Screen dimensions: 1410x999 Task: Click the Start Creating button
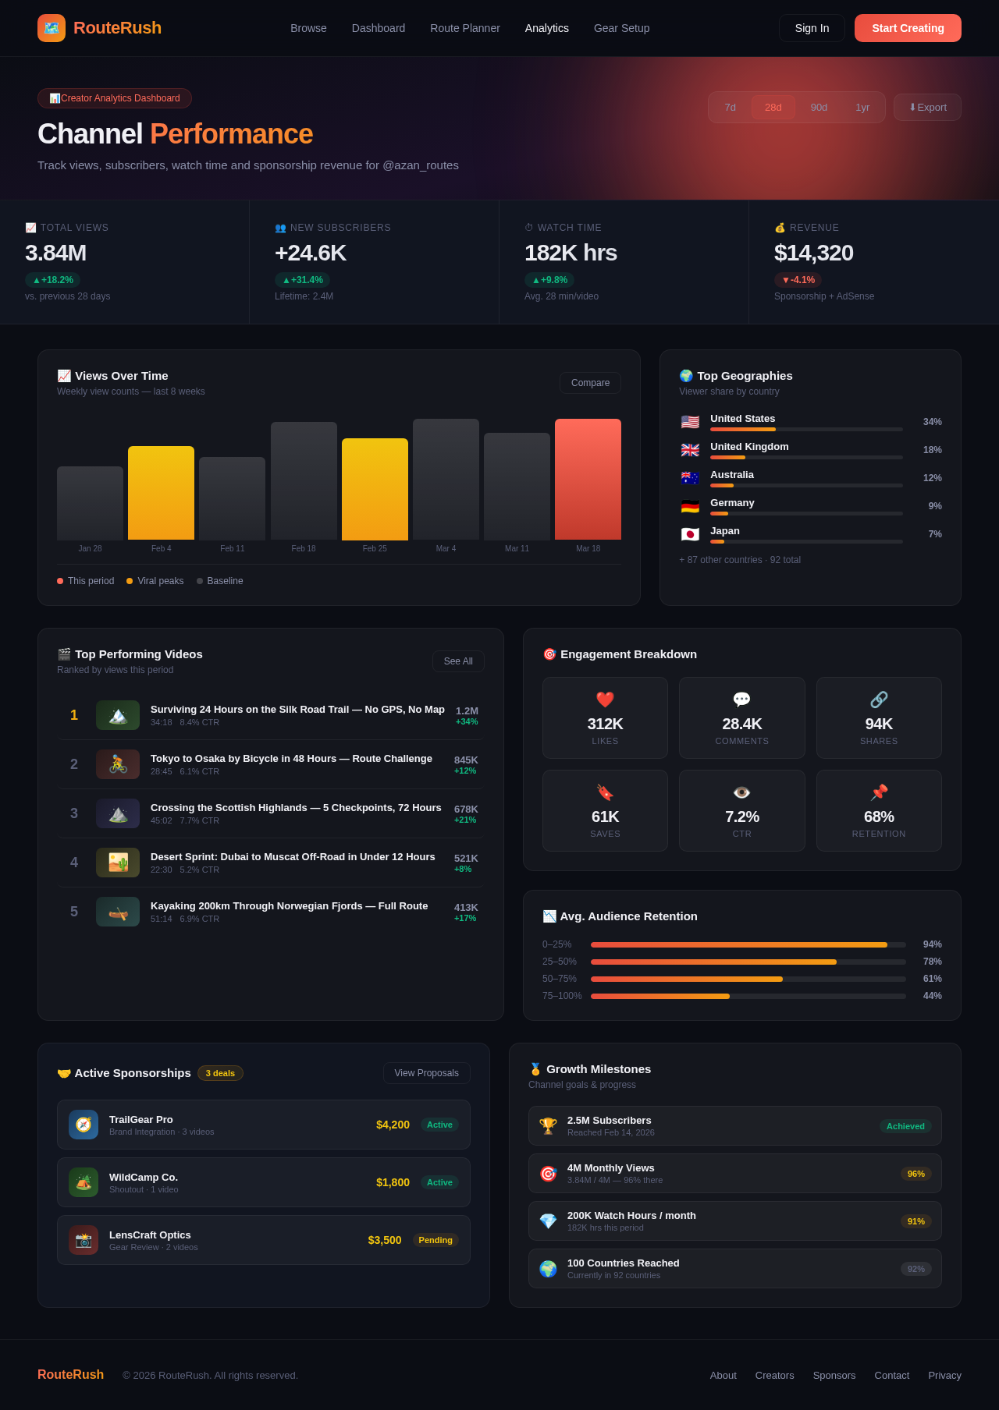(x=908, y=28)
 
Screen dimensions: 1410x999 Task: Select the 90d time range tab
(x=819, y=108)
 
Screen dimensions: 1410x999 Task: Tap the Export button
(x=927, y=108)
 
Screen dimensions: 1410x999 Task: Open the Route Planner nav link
(x=464, y=28)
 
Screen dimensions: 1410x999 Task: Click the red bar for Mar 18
(x=588, y=479)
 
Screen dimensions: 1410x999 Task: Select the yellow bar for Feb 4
(x=161, y=493)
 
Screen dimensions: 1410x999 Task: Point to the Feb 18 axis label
(x=304, y=548)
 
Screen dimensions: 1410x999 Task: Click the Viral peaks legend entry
(x=155, y=581)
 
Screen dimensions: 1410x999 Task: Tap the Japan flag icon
(x=690, y=534)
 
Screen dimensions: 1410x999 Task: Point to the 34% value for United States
(x=932, y=422)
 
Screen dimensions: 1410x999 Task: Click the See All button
(x=458, y=661)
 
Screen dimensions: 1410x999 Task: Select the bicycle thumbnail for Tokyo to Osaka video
(x=118, y=764)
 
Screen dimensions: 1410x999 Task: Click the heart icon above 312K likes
(x=605, y=700)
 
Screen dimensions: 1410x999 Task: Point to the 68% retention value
(x=879, y=817)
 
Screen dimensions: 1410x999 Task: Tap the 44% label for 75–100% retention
(x=932, y=996)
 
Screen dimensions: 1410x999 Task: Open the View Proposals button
(x=426, y=1073)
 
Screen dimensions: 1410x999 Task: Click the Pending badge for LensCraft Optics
(x=436, y=1240)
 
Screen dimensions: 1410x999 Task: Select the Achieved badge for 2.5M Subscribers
(x=905, y=1126)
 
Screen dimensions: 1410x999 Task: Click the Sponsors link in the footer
(x=834, y=1375)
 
